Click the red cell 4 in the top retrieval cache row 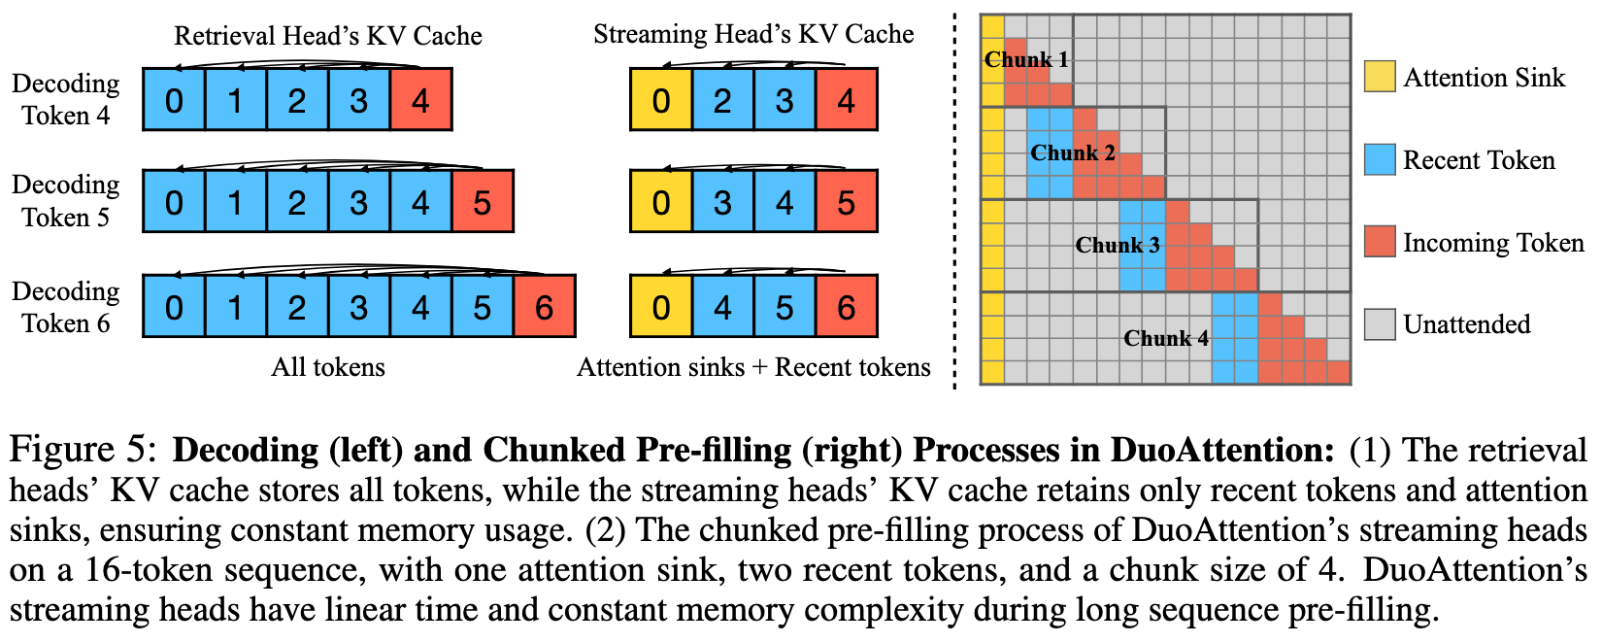click(x=420, y=100)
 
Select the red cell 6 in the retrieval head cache click(x=544, y=307)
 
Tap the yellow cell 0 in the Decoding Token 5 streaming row click(x=661, y=202)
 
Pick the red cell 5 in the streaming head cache click(x=846, y=202)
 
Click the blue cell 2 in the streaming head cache click(x=722, y=100)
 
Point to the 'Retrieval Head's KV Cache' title click(x=328, y=36)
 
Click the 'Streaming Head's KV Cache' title click(x=753, y=35)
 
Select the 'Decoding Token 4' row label click(x=66, y=99)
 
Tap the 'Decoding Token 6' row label click(x=66, y=307)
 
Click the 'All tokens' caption click(x=328, y=367)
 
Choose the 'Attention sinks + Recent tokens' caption click(x=753, y=367)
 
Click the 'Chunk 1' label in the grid click(x=1026, y=60)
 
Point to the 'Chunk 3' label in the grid click(x=1118, y=246)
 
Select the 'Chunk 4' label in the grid click(x=1166, y=338)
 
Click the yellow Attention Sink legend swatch click(x=1380, y=77)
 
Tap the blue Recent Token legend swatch click(x=1380, y=159)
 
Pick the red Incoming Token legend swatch click(x=1380, y=242)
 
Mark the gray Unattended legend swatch click(x=1380, y=324)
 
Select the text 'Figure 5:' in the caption click(x=82, y=451)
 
